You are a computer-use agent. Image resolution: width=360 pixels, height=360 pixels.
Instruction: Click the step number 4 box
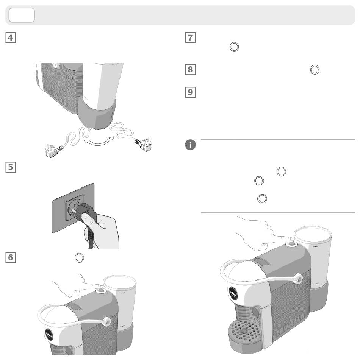coord(11,38)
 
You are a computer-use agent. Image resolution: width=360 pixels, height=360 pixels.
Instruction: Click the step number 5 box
coord(11,167)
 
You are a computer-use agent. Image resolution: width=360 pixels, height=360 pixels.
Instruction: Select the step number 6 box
coord(11,257)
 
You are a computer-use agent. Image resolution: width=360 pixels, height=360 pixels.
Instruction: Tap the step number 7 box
coord(190,38)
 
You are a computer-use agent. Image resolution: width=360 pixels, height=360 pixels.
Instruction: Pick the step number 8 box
coord(190,70)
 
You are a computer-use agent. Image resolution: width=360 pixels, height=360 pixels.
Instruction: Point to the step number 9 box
coord(190,92)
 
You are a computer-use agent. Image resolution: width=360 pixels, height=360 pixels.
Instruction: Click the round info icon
coord(190,145)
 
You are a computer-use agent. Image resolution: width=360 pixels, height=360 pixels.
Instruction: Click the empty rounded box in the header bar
coord(22,15)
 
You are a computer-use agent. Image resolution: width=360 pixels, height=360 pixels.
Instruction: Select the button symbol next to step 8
coord(315,70)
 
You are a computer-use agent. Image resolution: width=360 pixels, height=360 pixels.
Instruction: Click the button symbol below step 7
coord(234,47)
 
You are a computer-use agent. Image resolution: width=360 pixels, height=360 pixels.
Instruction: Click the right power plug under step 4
coord(143,146)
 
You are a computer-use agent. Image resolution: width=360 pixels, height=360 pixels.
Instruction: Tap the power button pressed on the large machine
coord(291,243)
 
